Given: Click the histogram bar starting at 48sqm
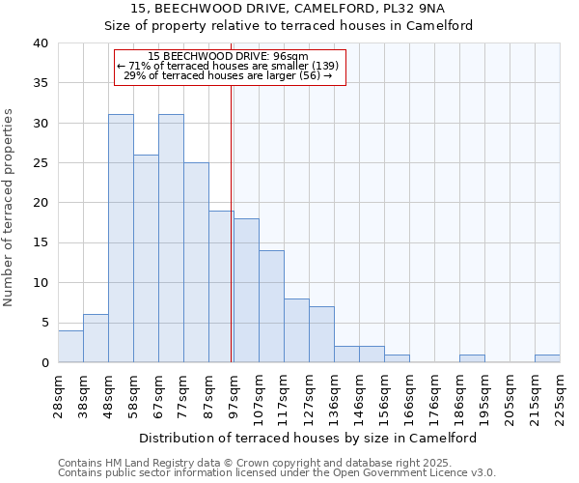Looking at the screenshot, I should point(121,239).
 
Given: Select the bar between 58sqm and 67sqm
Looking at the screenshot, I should point(146,259).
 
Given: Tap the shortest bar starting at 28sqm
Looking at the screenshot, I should point(70,347).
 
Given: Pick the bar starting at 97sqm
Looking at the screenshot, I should point(246,291).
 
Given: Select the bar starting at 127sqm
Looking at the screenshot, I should point(321,334).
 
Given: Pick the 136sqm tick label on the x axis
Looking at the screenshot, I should point(334,391).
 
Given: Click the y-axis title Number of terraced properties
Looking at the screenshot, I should point(10,208).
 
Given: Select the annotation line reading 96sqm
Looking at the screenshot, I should point(229,56).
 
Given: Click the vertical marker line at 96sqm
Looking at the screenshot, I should point(232,222).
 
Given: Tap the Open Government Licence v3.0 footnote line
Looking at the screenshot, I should point(277,472).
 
